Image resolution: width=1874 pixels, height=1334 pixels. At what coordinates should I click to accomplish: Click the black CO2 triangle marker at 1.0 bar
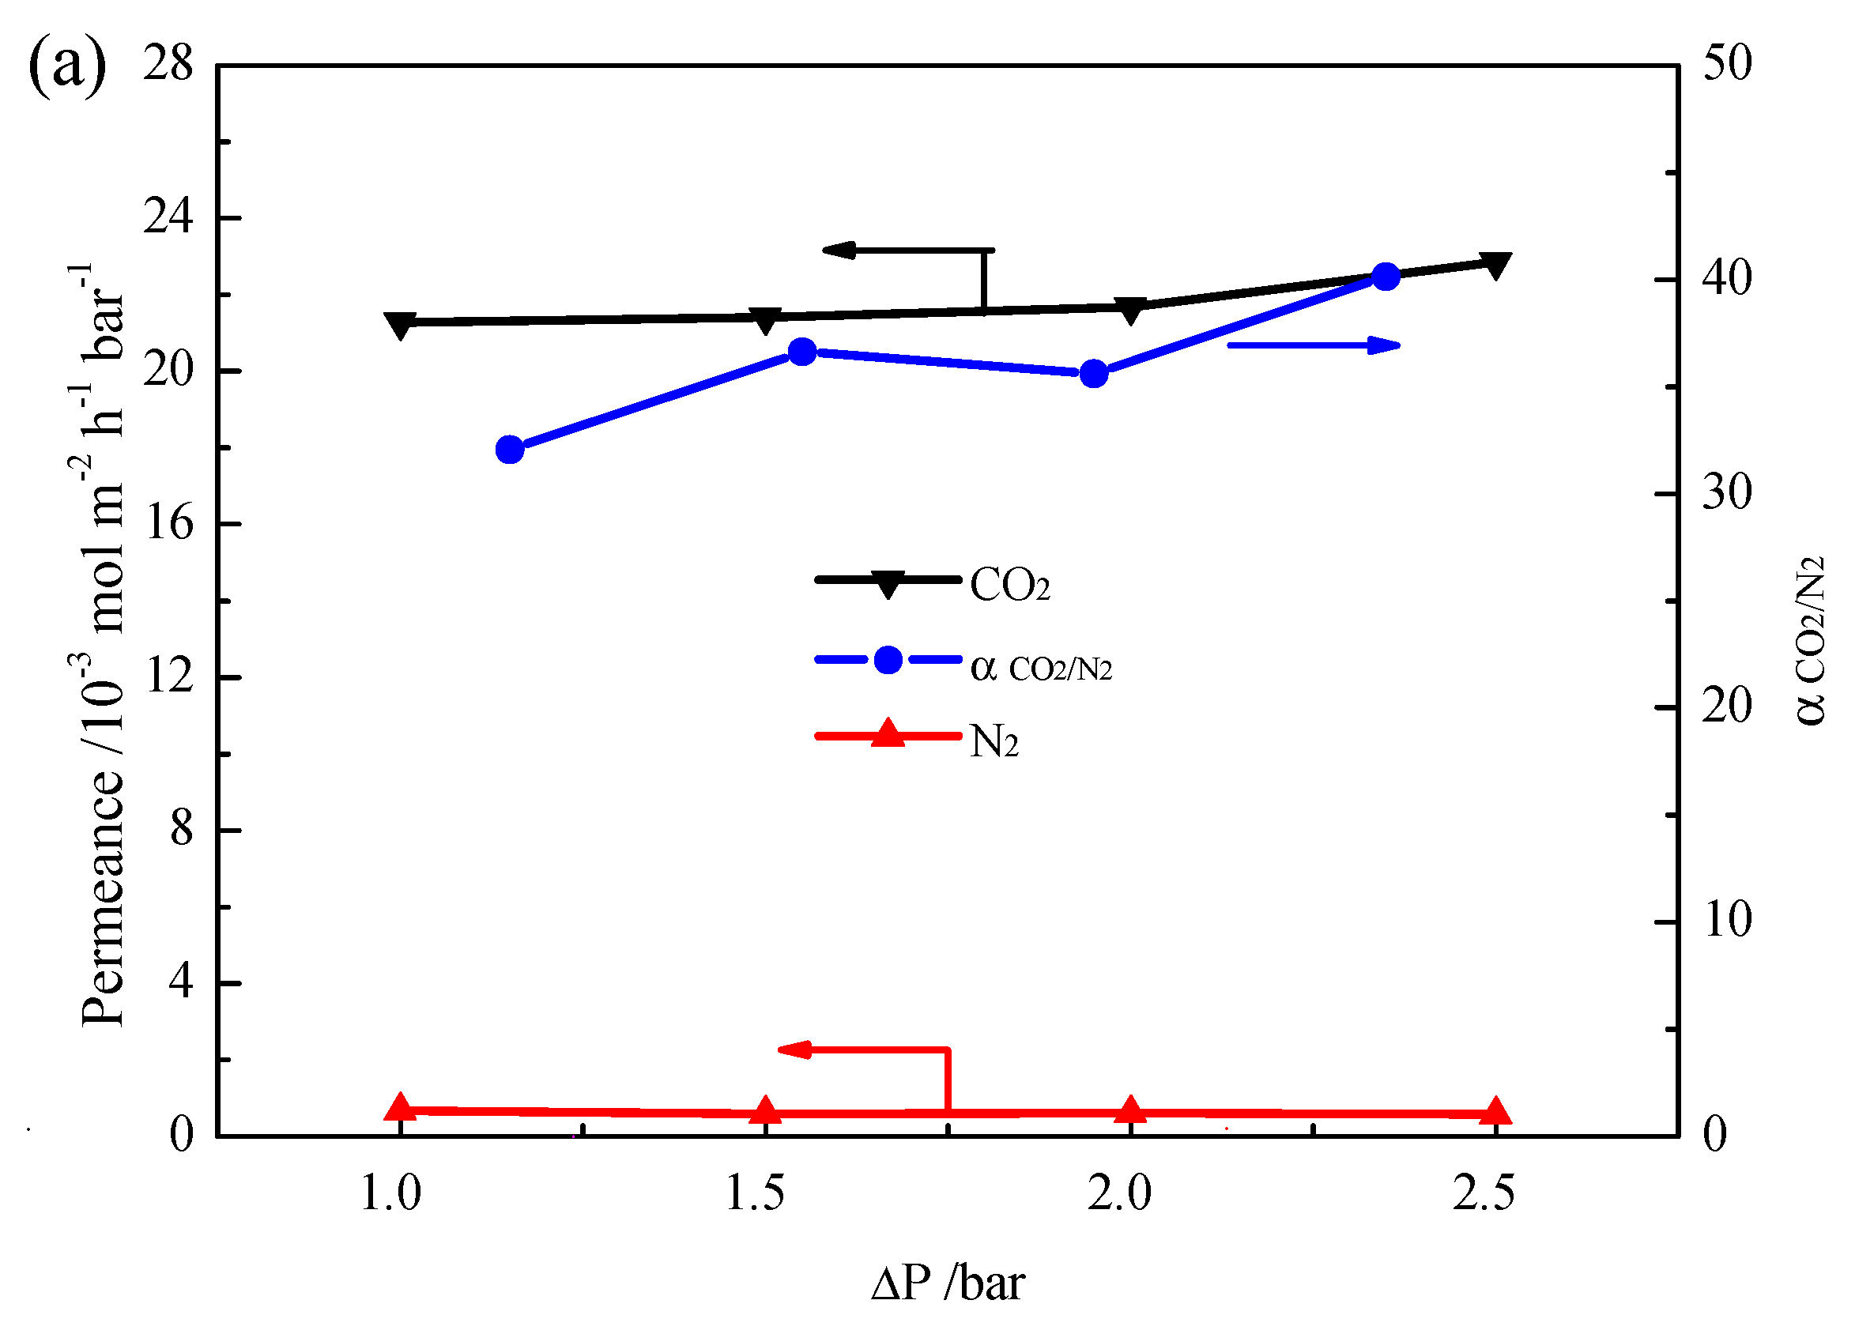point(400,325)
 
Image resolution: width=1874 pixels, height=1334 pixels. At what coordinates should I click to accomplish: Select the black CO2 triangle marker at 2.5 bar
point(1495,266)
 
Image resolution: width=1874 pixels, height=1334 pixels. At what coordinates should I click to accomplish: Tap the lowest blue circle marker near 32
point(511,450)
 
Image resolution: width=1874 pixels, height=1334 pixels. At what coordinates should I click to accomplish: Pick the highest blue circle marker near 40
point(1386,277)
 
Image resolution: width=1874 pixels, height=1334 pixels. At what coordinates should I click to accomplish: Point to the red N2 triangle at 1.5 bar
point(765,1110)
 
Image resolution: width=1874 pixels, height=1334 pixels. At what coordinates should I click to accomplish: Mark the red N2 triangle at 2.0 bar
point(1130,1109)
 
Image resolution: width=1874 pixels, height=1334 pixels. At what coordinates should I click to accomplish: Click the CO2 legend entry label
point(1009,586)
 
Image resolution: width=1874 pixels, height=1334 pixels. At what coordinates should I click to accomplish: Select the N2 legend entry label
point(994,741)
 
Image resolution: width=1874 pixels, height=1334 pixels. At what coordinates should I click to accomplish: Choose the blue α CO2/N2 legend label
point(1041,666)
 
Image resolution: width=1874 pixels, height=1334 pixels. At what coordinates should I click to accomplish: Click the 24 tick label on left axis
point(168,217)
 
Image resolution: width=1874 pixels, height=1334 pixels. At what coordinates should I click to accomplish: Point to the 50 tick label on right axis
point(1727,63)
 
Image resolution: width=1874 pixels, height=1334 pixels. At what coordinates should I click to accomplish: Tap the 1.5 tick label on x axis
point(756,1193)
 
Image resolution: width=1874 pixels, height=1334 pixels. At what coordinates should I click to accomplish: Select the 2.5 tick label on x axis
point(1484,1193)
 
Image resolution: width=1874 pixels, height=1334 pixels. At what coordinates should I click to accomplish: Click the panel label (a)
point(67,66)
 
